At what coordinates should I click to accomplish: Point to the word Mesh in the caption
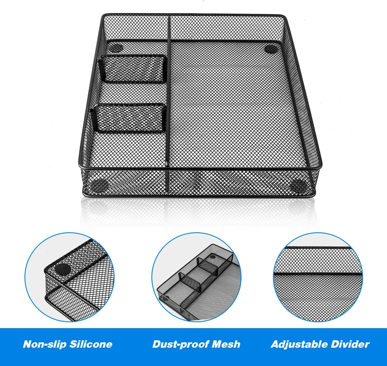(x=226, y=344)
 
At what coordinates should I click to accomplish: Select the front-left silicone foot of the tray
(x=100, y=185)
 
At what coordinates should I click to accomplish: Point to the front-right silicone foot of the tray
(x=300, y=185)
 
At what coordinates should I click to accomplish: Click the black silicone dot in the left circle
(x=63, y=270)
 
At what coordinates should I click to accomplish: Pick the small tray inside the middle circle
(x=196, y=281)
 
